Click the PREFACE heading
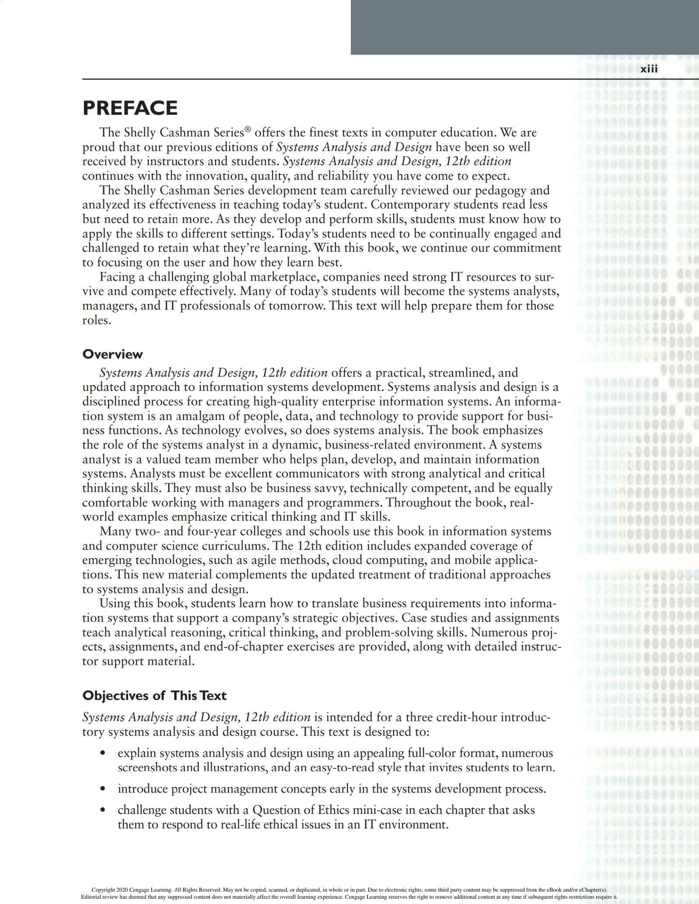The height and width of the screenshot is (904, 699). [x=130, y=108]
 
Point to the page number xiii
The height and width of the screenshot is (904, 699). [x=649, y=69]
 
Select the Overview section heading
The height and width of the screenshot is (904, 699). [x=112, y=354]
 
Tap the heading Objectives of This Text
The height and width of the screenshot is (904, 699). [x=154, y=695]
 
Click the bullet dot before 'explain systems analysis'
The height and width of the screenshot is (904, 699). [x=103, y=754]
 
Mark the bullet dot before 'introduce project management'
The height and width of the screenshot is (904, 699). [x=103, y=789]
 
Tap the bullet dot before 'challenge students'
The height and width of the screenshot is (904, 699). [x=103, y=810]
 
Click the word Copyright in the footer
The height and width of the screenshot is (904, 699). [x=102, y=890]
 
